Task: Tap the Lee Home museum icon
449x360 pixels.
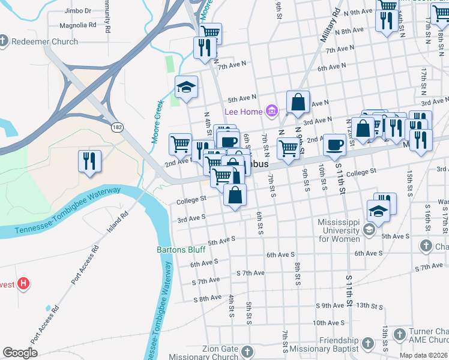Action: click(272, 112)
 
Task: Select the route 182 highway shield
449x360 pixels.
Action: click(117, 127)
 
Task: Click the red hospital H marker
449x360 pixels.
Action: click(23, 283)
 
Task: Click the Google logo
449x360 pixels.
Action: click(20, 353)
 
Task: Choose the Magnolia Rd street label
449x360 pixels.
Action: click(78, 25)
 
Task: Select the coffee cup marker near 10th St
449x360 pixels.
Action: click(334, 145)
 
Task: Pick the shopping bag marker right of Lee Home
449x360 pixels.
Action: click(298, 102)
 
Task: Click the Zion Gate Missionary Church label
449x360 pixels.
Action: click(203, 353)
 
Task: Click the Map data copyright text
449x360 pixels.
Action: click(423, 355)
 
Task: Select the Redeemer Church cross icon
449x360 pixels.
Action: click(4, 41)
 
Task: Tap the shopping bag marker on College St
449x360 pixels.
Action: click(235, 195)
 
